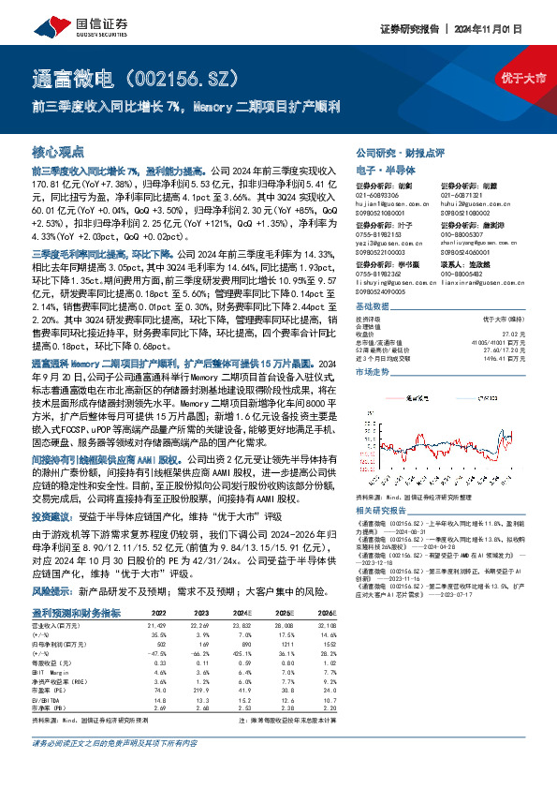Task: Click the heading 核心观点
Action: (x=58, y=151)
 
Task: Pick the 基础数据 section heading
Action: (x=373, y=307)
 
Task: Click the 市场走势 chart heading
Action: (x=373, y=372)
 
